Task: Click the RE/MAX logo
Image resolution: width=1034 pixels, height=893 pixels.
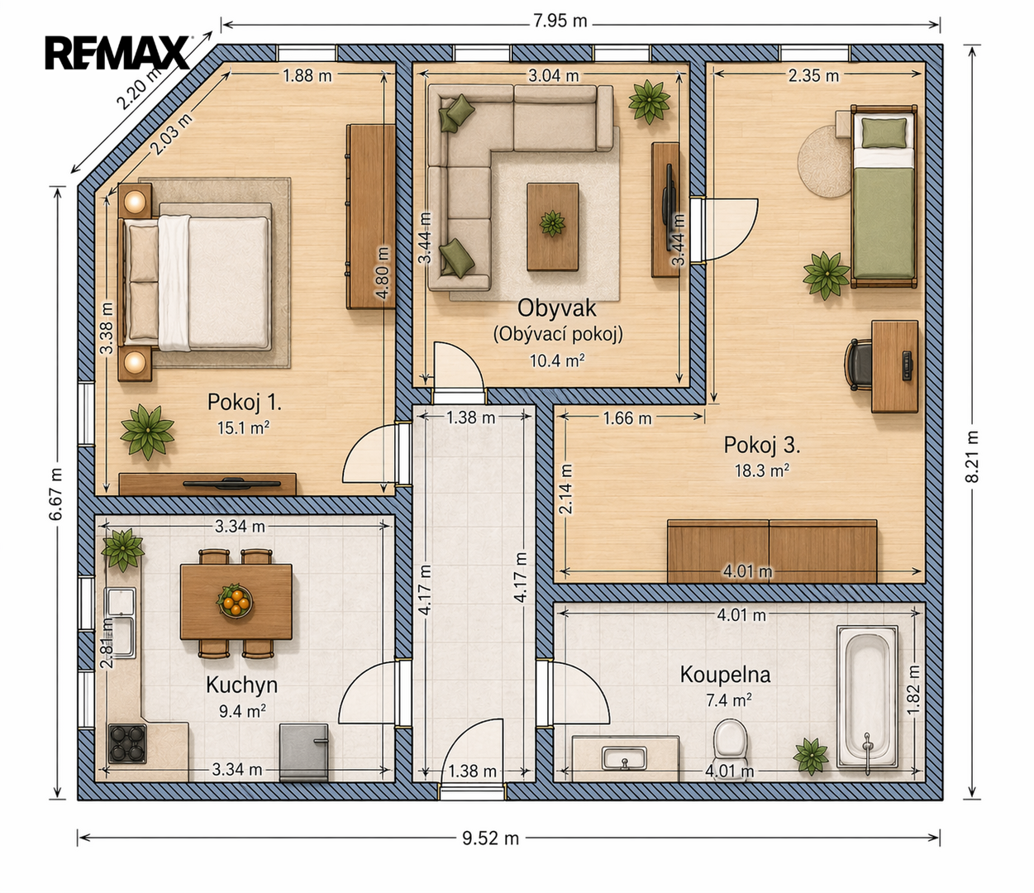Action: [x=117, y=52]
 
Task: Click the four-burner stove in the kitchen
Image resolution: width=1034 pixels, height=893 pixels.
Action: [x=127, y=743]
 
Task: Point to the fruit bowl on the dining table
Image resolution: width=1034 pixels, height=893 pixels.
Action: [x=234, y=600]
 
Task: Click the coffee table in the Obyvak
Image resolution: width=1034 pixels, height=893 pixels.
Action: [x=553, y=227]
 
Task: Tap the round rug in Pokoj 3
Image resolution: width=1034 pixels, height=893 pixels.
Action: [x=824, y=161]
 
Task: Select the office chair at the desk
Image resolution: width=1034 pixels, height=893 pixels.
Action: [x=859, y=365]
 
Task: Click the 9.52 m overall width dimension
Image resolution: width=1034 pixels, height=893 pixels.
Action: [x=490, y=838]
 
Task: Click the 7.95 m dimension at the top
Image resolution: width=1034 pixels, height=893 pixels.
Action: [x=560, y=21]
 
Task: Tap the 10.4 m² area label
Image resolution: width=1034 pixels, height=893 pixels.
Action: [x=557, y=361]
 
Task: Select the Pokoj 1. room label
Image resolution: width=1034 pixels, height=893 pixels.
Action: [x=245, y=403]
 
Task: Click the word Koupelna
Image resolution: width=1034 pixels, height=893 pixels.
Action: [x=725, y=676]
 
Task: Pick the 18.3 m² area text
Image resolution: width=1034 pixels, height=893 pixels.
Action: [x=762, y=470]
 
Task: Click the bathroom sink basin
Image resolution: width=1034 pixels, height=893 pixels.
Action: [x=625, y=758]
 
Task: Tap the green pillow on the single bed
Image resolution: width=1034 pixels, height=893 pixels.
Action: [x=884, y=132]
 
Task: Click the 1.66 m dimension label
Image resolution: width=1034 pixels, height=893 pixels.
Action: [x=627, y=418]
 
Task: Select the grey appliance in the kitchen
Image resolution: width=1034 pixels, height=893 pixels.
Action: [x=303, y=752]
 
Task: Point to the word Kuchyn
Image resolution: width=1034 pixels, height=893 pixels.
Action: [x=241, y=685]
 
